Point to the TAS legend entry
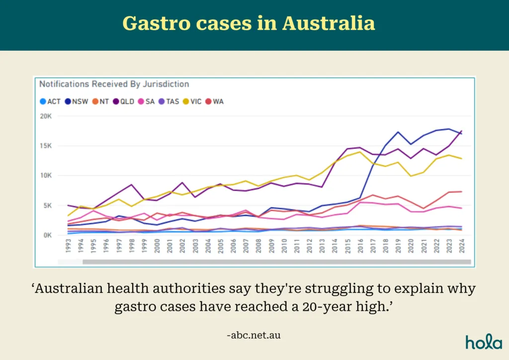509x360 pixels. click(172, 101)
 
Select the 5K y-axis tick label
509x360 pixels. click(47, 205)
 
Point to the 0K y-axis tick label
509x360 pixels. click(47, 235)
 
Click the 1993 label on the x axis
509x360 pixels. click(68, 246)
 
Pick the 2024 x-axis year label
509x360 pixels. click(462, 246)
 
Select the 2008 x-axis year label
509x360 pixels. click(258, 246)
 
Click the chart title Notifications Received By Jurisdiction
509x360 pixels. click(114, 85)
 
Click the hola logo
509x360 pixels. click(484, 342)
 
